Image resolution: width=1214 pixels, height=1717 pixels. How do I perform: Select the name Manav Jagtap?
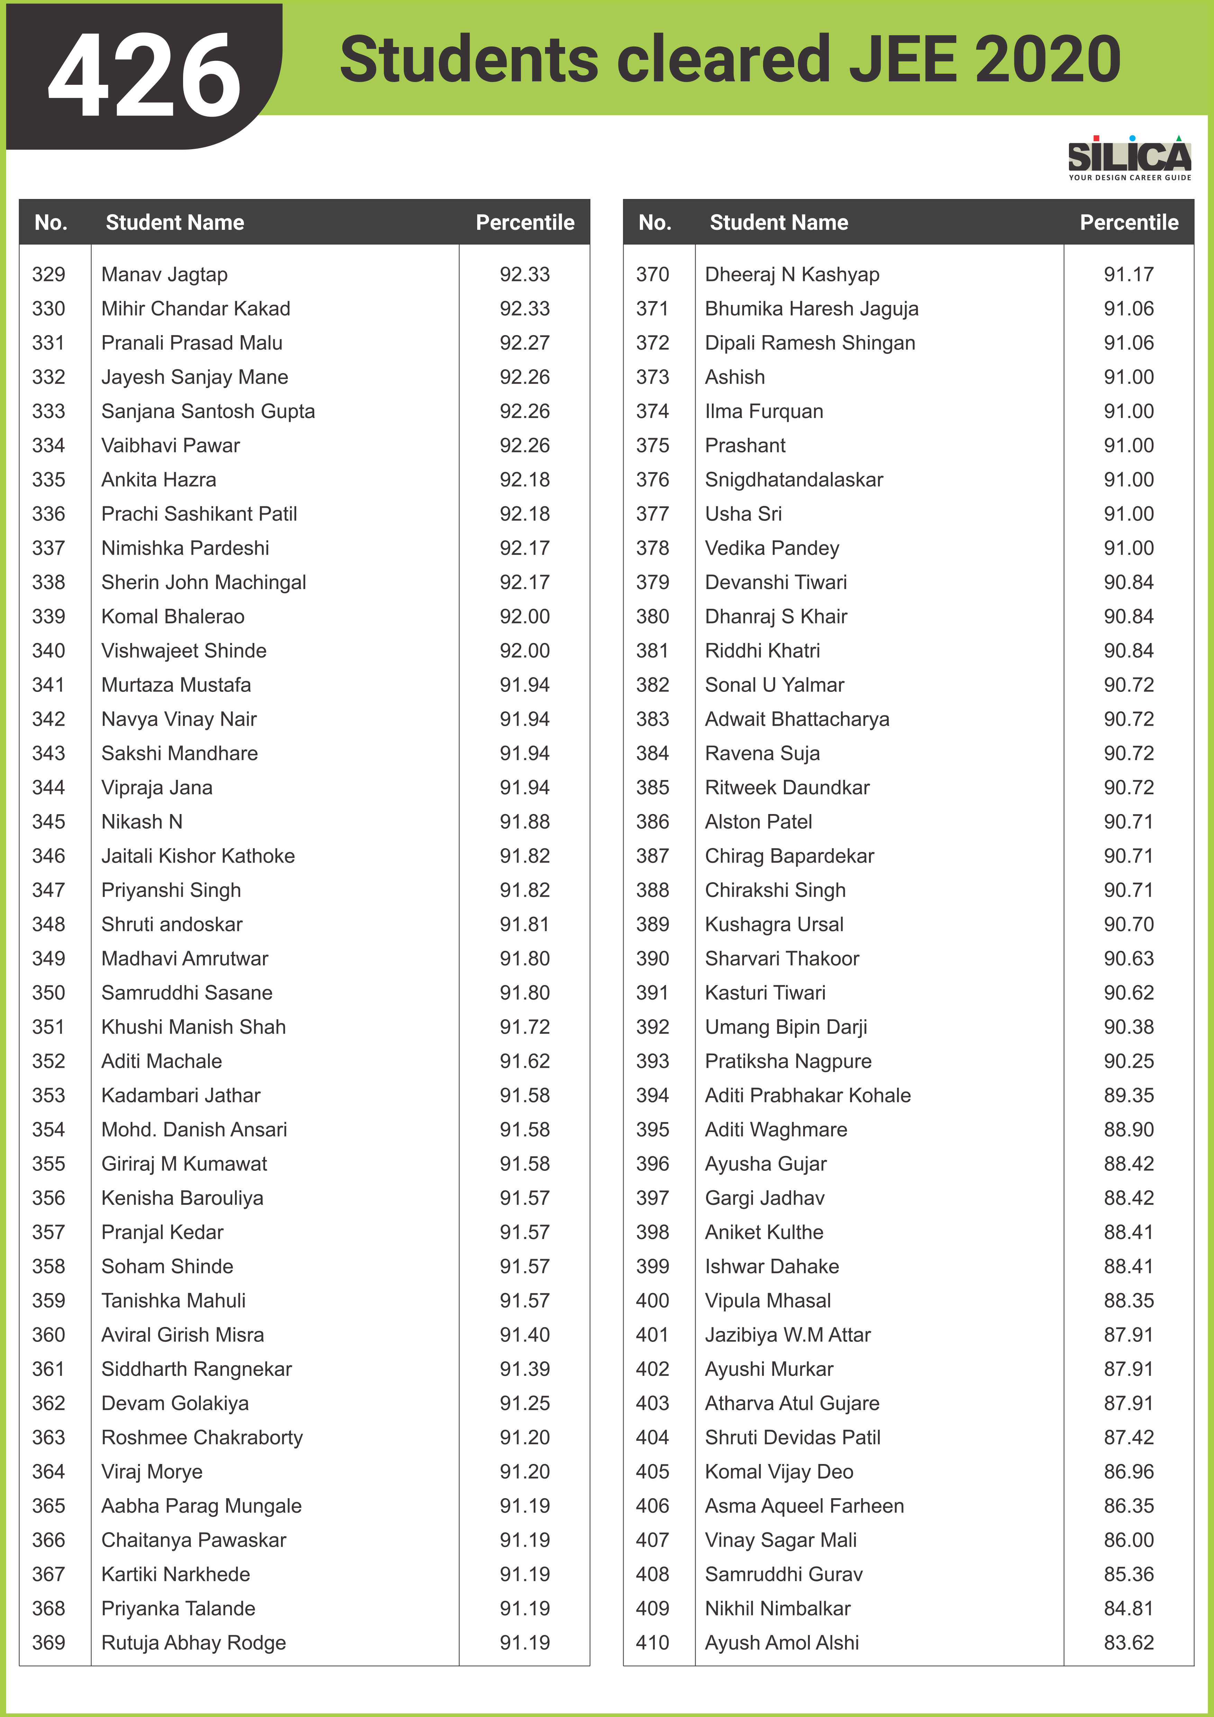[164, 274]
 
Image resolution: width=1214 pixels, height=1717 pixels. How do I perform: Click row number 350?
[48, 992]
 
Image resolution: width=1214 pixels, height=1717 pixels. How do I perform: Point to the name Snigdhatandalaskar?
[794, 479]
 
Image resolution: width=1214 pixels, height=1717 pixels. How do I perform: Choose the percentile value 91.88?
[525, 821]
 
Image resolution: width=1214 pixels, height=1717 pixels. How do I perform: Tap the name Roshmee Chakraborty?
[202, 1437]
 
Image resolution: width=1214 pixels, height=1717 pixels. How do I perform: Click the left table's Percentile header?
[525, 222]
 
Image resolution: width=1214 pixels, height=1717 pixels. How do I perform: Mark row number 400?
[653, 1300]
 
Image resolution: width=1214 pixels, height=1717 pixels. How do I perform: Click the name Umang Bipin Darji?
[786, 1027]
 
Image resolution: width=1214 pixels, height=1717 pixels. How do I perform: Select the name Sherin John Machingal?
[203, 582]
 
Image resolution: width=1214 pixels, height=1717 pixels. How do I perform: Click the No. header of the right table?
[655, 222]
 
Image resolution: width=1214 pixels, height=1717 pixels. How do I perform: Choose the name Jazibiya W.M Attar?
[788, 1335]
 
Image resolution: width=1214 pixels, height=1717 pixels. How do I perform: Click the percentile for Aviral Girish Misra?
[525, 1335]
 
